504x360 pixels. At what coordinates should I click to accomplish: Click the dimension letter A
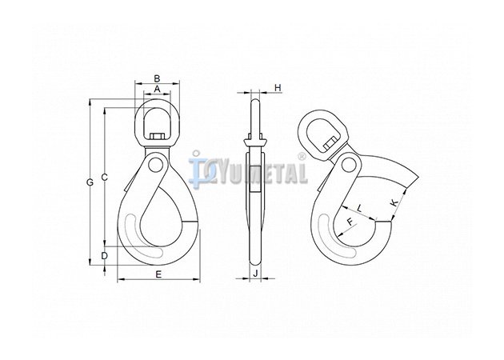(157, 89)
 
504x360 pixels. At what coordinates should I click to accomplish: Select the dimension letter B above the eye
(157, 78)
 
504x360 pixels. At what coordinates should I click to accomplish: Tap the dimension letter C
(105, 177)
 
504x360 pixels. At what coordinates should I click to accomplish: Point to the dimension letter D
(105, 256)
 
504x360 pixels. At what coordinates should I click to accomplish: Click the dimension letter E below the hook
(158, 274)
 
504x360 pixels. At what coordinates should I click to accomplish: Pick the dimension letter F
(350, 222)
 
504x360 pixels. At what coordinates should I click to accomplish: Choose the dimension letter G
(90, 182)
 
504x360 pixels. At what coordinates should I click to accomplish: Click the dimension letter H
(278, 87)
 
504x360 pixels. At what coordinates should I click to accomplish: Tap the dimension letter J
(255, 274)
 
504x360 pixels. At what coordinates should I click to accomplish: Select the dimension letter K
(394, 202)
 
